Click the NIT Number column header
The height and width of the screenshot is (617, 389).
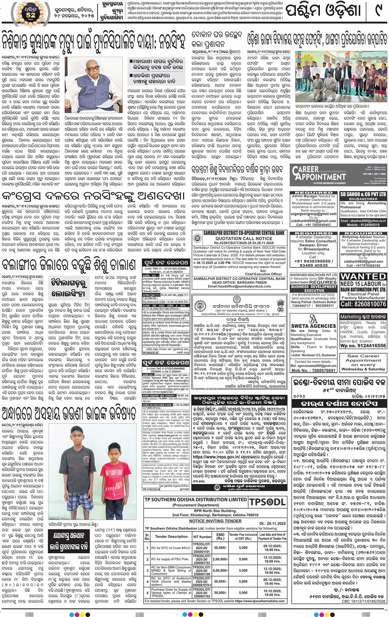(202, 536)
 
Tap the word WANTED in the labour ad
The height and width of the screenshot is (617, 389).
(363, 276)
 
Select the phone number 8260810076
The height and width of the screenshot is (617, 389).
(363, 304)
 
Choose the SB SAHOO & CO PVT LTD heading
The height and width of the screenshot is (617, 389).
(363, 194)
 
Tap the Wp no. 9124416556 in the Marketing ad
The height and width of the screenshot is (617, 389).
(363, 346)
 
